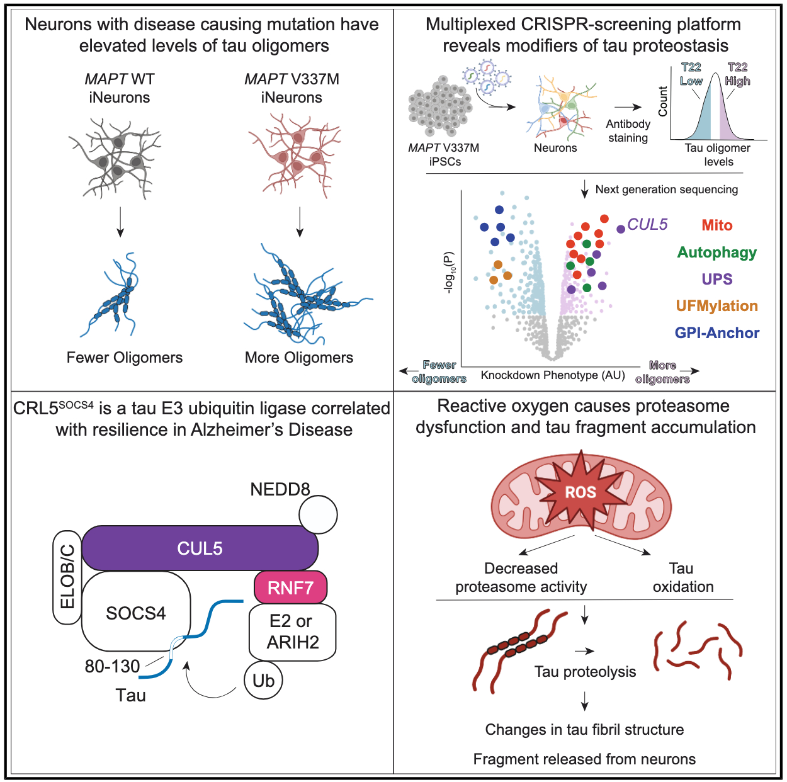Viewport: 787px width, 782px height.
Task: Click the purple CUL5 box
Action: tap(200, 548)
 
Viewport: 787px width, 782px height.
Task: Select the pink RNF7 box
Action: tap(290, 587)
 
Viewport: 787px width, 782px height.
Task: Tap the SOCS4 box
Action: tap(135, 613)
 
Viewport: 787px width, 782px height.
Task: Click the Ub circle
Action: tap(263, 681)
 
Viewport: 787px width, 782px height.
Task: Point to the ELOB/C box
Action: tap(67, 577)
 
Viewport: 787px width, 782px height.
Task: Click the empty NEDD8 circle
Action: tap(318, 514)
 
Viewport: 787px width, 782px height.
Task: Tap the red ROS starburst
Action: tap(580, 492)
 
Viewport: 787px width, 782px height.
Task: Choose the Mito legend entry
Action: tap(717, 225)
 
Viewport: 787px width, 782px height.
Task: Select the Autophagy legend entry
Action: tap(717, 252)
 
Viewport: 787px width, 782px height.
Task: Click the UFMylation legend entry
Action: tap(717, 306)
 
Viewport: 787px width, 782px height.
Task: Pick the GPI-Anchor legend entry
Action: tap(717, 333)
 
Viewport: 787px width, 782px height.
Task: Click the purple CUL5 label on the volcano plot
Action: tap(647, 224)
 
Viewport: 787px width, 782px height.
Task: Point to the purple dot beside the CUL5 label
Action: tap(621, 229)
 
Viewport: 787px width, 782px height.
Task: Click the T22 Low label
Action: tap(691, 74)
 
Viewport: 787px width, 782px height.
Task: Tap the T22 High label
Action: tap(737, 74)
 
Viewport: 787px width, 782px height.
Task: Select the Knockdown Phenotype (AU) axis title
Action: tap(553, 375)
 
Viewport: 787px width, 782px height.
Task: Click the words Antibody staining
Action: tap(628, 131)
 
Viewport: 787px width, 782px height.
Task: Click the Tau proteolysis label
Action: tap(585, 672)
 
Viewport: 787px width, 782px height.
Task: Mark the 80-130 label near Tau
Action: tap(112, 666)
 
